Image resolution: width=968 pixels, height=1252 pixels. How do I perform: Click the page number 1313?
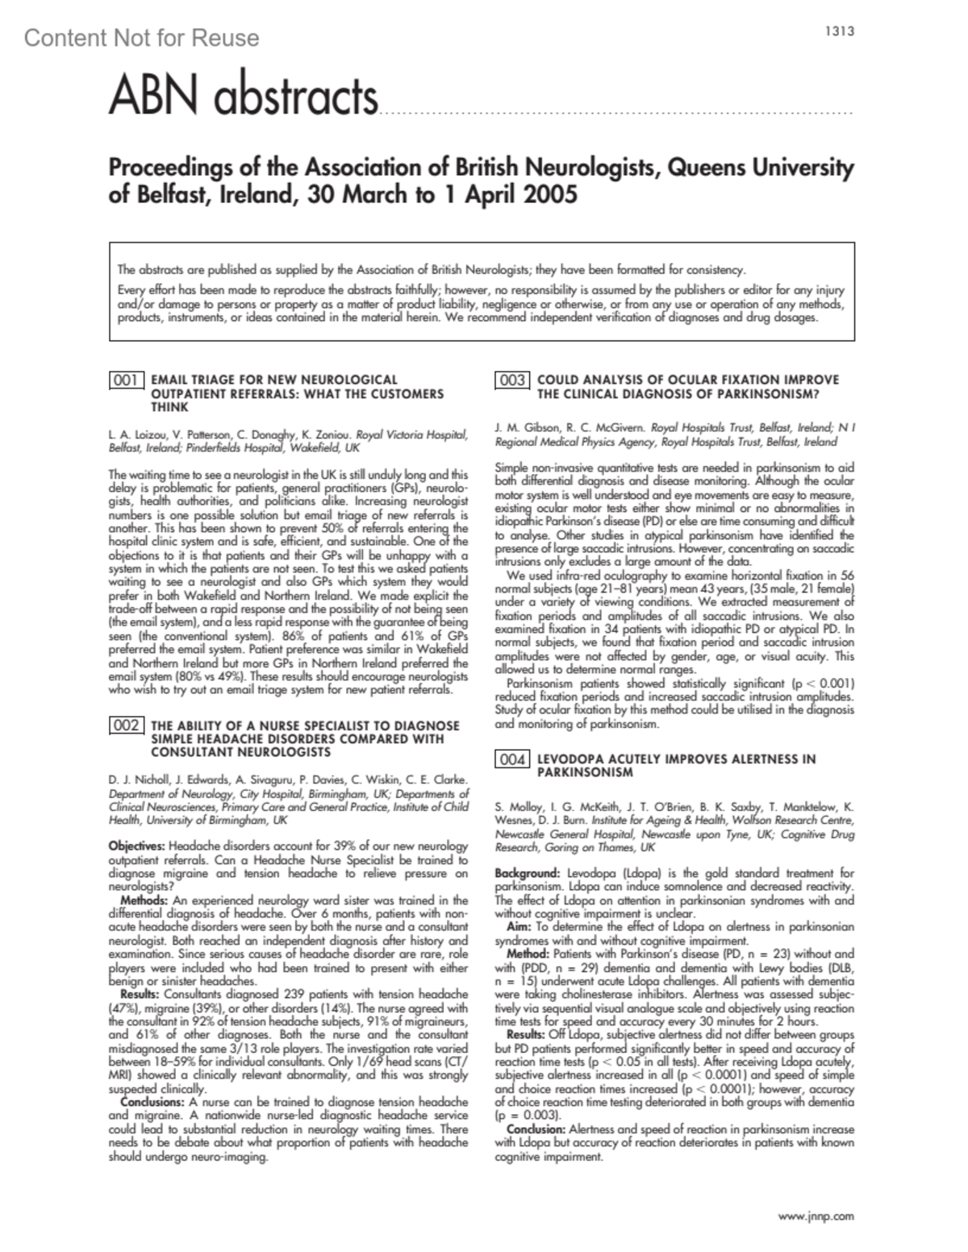coord(839,31)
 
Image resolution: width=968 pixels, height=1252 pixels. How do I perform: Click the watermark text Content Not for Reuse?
coord(141,38)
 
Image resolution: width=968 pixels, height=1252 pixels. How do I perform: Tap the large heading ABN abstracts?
coord(243,98)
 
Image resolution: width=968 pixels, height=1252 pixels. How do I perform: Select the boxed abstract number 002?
coord(127,726)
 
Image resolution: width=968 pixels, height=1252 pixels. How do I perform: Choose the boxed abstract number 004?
coord(512,759)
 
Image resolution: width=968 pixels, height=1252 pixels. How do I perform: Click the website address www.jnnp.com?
coord(816,1216)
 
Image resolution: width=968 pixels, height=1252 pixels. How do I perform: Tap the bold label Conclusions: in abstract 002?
coord(152,1101)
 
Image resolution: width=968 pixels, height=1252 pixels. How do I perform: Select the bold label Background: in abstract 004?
coord(528,873)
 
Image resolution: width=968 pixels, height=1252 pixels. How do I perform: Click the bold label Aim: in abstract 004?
coord(519,927)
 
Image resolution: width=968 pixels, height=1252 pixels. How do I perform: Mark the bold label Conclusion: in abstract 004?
coord(536,1129)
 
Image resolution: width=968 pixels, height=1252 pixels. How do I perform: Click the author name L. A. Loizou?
coord(136,435)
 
